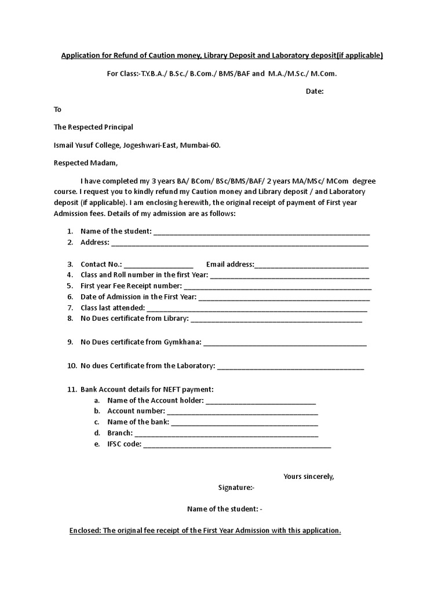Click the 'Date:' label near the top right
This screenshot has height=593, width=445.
point(315,91)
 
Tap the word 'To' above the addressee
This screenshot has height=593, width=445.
point(57,109)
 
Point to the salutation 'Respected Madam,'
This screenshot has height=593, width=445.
point(86,163)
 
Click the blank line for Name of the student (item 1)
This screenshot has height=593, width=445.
point(261,233)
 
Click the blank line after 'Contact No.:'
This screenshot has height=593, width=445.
point(159,266)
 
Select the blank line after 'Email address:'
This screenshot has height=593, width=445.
point(312,266)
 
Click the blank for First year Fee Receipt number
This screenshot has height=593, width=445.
point(278,287)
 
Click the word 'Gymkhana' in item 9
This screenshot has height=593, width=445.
point(182,342)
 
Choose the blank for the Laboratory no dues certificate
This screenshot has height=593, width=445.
point(290,367)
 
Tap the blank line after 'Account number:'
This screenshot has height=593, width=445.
point(243,412)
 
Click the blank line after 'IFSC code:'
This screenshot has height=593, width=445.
point(237,445)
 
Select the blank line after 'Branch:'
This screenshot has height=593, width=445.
point(227,434)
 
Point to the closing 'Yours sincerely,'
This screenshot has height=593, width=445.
point(309,477)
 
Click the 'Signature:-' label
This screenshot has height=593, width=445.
point(232,488)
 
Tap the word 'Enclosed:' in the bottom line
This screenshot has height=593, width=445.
point(85,530)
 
